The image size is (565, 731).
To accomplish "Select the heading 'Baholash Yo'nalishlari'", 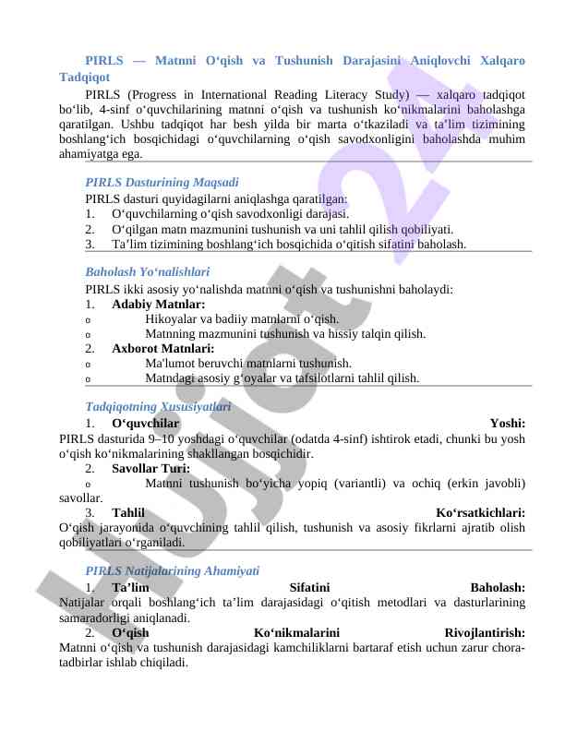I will click(147, 273).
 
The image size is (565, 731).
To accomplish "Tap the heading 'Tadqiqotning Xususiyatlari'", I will click(157, 407).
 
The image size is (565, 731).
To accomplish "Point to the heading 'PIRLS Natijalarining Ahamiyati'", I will click(172, 571).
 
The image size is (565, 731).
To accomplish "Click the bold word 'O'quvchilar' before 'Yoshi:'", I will click(145, 424).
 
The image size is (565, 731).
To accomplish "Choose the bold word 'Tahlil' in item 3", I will click(128, 512).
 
